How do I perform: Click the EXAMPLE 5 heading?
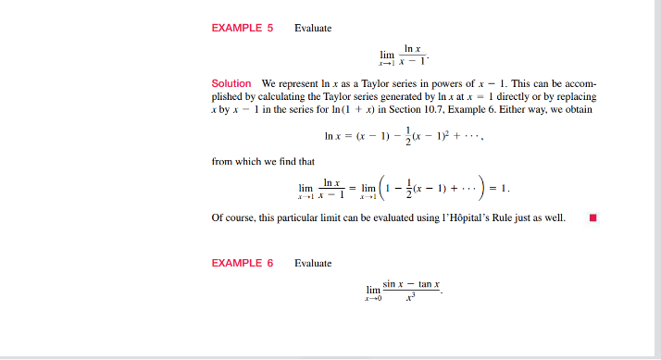(243, 28)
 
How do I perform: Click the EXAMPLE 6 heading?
(243, 263)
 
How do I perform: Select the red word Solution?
(231, 84)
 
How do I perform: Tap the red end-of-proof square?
(592, 218)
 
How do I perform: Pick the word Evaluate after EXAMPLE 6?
(313, 264)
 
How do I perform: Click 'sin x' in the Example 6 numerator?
(393, 283)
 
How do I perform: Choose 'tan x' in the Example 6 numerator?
(428, 283)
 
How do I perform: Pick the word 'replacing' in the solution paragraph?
(576, 97)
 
